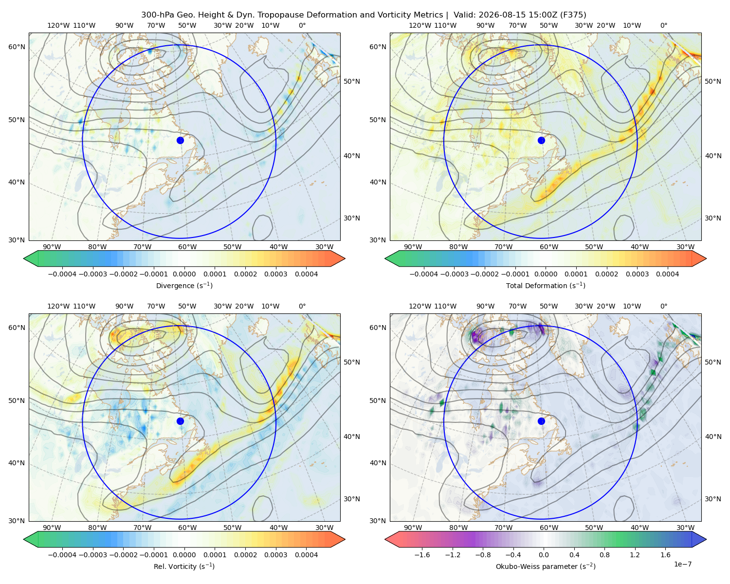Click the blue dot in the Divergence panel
(180, 140)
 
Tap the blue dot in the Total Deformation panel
(541, 140)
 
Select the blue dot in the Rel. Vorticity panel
(180, 421)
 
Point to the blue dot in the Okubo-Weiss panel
(541, 421)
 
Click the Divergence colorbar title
(184, 285)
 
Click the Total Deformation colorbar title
(546, 285)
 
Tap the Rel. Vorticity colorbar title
(184, 566)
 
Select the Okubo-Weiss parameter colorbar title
(546, 566)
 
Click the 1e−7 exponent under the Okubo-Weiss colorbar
(682, 564)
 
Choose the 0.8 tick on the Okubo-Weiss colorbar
(604, 554)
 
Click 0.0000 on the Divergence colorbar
(184, 274)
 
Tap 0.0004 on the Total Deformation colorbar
(668, 274)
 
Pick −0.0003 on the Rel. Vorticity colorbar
(93, 554)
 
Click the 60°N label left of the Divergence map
(17, 47)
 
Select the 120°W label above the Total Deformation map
(420, 25)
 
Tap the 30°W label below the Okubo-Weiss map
(686, 528)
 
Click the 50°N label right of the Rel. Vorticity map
(352, 362)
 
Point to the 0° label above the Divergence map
(302, 25)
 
